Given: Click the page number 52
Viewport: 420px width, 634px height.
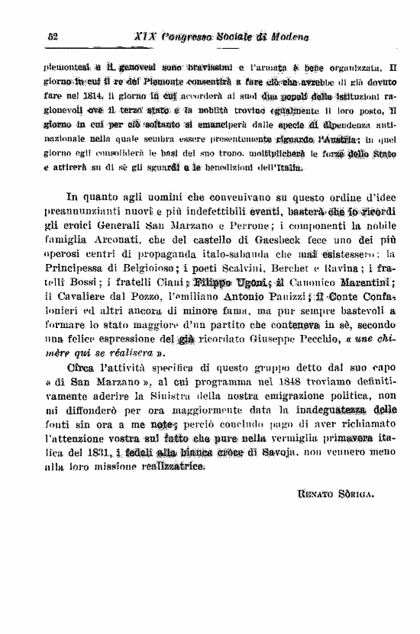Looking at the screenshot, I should [53, 37].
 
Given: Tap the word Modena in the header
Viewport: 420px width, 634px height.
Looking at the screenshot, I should [286, 37].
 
